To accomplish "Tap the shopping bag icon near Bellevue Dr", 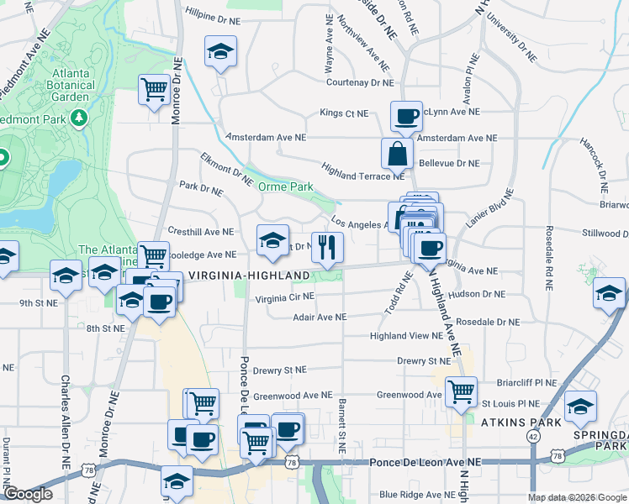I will (397, 154).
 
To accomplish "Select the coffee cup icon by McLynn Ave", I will (406, 116).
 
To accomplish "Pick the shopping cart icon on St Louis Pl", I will (461, 390).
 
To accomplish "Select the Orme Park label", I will (285, 186).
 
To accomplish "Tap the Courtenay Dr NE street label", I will (360, 82).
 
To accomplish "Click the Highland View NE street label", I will (406, 336).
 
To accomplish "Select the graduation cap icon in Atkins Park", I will (580, 407).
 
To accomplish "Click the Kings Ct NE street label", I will (344, 113).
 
